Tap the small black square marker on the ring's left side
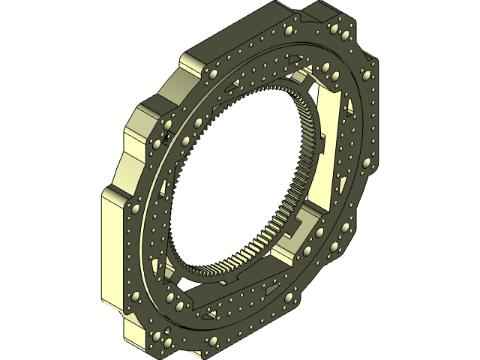pos(166,136)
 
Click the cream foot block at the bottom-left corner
pos(135,330)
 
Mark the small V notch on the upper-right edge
pos(367,56)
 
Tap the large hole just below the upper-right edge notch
pos(366,75)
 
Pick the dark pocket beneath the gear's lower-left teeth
pos(176,277)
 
